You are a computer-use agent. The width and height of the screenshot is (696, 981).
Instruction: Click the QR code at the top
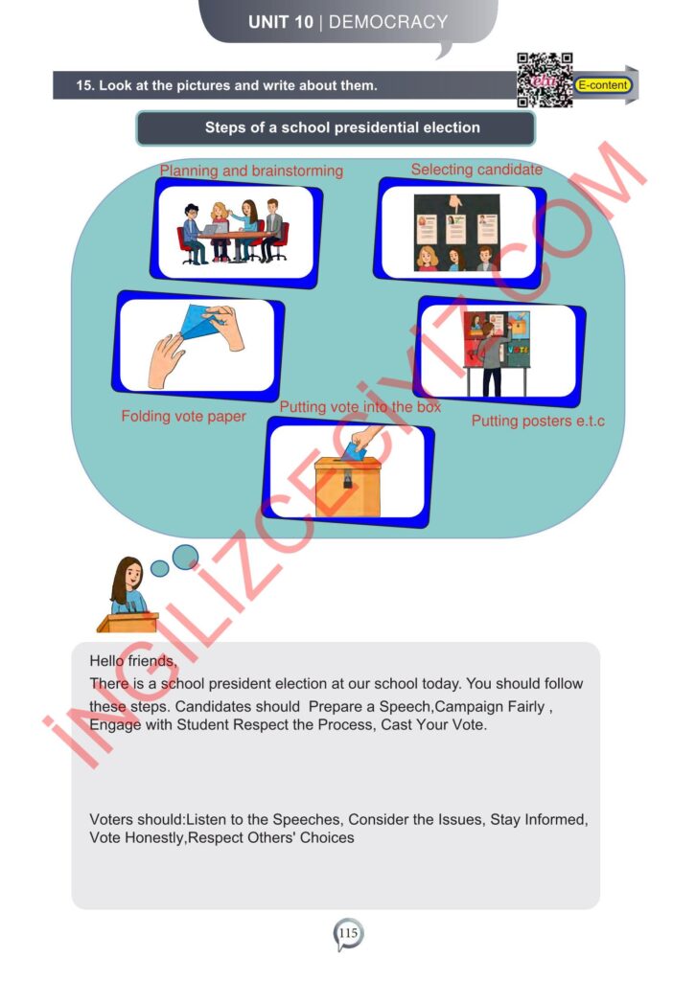point(545,80)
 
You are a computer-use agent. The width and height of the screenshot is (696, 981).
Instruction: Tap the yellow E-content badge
point(603,85)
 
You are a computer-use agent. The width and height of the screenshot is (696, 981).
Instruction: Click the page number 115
point(348,933)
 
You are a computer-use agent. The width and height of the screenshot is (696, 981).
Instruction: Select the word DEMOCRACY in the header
point(388,22)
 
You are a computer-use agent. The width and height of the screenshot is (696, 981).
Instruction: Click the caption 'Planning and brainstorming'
point(251,171)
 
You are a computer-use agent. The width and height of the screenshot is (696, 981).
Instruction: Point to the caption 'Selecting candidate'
point(476,169)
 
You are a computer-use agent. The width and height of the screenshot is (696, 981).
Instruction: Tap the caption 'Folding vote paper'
point(183,416)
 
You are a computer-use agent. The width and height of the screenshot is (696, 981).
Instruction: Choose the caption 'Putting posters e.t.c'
point(538,421)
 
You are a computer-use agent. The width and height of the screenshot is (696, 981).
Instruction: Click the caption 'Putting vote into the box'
point(360,406)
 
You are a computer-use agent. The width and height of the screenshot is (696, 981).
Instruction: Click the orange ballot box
point(347,487)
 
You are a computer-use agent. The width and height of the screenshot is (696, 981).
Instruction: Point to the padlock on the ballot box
point(347,480)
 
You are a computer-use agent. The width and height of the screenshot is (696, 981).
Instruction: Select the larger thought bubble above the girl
point(185,557)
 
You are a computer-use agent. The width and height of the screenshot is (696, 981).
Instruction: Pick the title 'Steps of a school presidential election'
point(342,127)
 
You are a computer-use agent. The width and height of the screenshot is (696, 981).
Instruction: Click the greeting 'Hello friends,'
point(133,661)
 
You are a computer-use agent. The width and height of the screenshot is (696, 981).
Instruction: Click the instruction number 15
point(84,85)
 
